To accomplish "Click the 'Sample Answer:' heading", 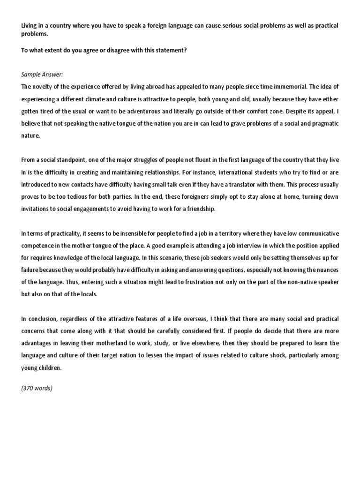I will point(42,75).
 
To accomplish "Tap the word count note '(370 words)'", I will point(37,388).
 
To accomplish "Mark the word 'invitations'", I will point(37,209).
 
